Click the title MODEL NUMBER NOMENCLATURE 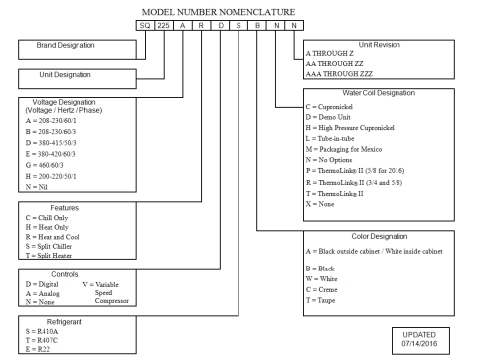click(x=237, y=11)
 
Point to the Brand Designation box click(x=67, y=46)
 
